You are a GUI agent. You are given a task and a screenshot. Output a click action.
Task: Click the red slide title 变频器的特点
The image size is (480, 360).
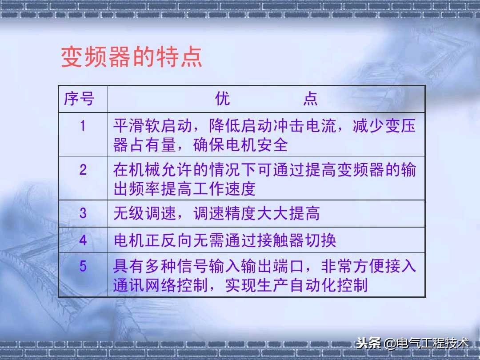point(132,58)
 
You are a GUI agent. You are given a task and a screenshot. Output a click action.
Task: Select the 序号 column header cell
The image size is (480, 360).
point(80,99)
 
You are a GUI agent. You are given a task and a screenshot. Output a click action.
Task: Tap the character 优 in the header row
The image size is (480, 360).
point(223,99)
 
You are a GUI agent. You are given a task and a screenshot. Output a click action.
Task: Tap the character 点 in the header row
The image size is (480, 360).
point(310,99)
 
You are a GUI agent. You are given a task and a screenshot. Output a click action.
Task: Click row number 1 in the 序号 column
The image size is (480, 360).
point(83,126)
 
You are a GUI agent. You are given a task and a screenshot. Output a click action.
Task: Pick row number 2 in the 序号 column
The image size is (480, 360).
point(83,170)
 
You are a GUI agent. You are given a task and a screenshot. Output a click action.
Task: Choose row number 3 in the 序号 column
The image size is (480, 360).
point(83,213)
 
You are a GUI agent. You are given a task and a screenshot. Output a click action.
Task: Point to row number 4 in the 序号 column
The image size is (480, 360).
point(83,240)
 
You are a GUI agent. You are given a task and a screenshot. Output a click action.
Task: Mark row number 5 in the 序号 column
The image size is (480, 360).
point(83,266)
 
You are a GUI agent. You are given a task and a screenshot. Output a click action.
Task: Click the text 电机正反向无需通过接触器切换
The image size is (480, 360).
point(225,240)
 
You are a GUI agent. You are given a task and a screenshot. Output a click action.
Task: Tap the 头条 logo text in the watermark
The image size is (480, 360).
point(368,344)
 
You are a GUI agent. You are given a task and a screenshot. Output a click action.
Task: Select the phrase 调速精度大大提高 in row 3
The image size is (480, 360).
point(256,214)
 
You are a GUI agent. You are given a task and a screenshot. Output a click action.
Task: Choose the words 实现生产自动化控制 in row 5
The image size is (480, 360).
point(296,285)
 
